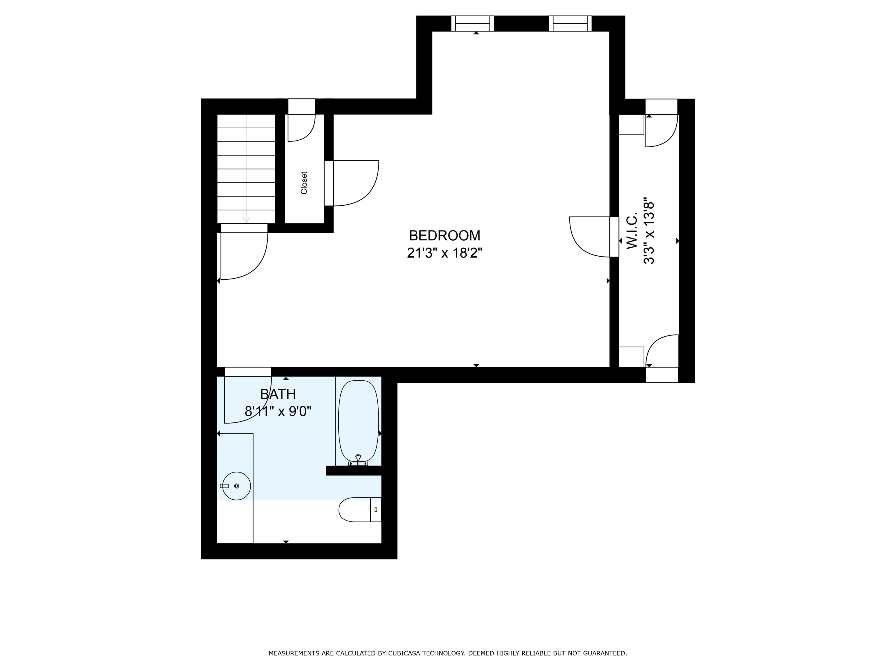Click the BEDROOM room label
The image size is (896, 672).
pyautogui.click(x=444, y=235)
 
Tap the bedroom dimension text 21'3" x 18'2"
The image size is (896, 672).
pyautogui.click(x=444, y=253)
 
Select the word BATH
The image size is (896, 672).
pyautogui.click(x=278, y=394)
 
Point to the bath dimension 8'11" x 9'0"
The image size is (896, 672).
pyautogui.click(x=278, y=412)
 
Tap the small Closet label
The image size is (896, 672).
pyautogui.click(x=304, y=183)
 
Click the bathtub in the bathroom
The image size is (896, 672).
pyautogui.click(x=358, y=423)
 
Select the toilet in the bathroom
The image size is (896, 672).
pyautogui.click(x=360, y=510)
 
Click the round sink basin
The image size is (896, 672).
pyautogui.click(x=237, y=486)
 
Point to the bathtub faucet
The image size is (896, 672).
pyautogui.click(x=358, y=460)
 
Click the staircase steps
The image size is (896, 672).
pyautogui.click(x=246, y=169)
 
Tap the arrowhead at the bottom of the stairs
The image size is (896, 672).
pyautogui.click(x=246, y=220)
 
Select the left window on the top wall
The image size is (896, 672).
pyautogui.click(x=473, y=24)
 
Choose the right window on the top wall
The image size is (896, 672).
pyautogui.click(x=570, y=24)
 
